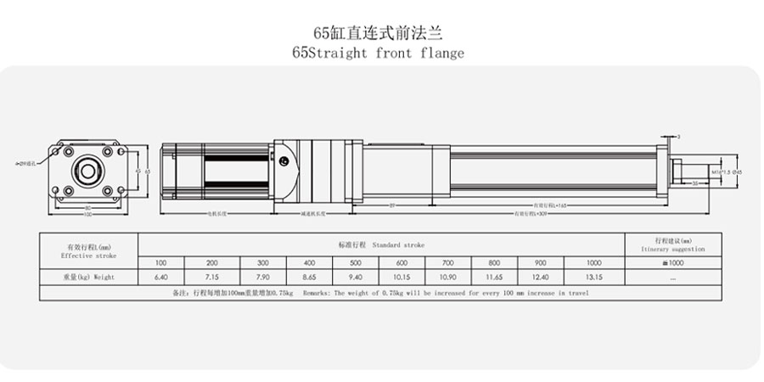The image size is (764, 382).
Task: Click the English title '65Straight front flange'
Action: (x=379, y=53)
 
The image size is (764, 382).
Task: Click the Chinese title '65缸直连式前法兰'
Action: (x=379, y=33)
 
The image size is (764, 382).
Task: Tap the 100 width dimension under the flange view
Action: (x=88, y=213)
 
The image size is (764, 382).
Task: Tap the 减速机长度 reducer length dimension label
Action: (x=312, y=214)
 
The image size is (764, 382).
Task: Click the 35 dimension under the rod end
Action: (x=694, y=183)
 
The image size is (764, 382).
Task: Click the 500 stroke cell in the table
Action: (x=356, y=262)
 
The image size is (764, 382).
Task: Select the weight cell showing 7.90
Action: (x=263, y=277)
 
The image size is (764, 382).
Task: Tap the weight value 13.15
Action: (x=594, y=277)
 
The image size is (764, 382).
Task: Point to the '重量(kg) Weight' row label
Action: (x=88, y=277)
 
